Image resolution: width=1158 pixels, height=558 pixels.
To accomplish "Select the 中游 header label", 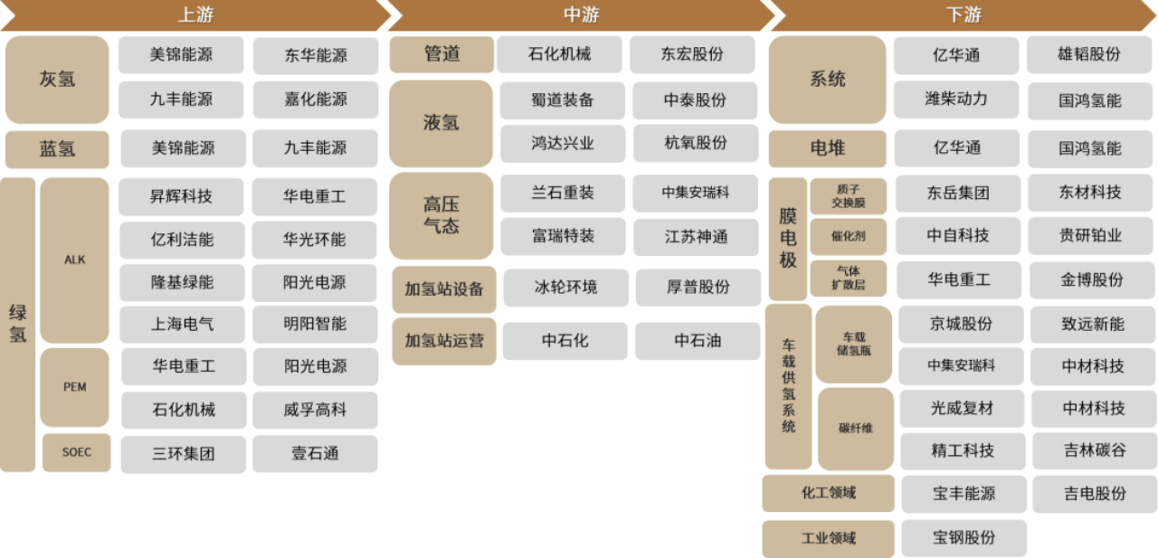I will pos(581,15).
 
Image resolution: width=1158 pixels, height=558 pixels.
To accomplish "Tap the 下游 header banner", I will pos(963,15).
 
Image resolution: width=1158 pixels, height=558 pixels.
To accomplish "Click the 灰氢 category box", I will pos(57,80).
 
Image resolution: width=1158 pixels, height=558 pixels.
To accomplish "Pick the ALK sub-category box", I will pos(74,260).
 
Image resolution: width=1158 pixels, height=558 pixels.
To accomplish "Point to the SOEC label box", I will pos(77,452).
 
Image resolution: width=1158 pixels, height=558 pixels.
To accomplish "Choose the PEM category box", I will pos(74,387).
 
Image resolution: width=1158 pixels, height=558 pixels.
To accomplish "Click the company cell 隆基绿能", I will pos(182,282).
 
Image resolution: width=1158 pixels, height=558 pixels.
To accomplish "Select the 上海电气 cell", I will pos(182,323).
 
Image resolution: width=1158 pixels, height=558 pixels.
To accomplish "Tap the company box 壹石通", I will pos(315,453).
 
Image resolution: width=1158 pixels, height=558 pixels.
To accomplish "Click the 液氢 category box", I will pos(441,123).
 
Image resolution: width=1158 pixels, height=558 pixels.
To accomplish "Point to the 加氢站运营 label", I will pos(443,341).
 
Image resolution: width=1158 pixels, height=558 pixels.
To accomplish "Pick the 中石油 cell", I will pos(697,341).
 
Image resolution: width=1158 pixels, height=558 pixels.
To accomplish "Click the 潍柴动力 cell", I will pos(956,99).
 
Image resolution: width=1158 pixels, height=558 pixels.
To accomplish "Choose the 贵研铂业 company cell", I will pos(1090,236).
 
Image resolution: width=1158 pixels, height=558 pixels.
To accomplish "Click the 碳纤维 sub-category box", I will pos(855,428).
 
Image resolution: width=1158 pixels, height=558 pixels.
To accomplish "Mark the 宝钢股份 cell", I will pos(963,537).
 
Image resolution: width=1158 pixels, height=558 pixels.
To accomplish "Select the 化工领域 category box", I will pos(828,494).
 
